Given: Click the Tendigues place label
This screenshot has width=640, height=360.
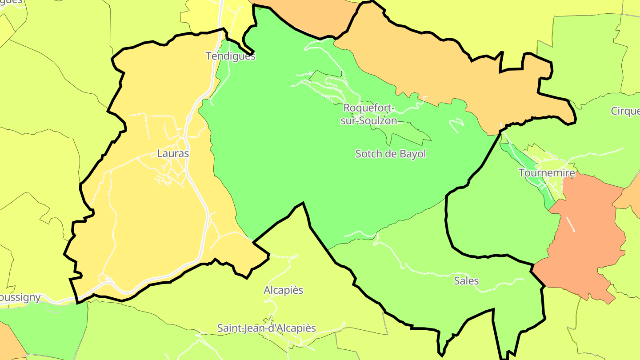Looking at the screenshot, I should coord(230,56).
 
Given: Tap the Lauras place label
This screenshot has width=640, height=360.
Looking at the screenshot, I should coord(173,154).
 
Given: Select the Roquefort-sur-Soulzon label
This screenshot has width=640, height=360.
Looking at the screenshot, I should coord(369,114).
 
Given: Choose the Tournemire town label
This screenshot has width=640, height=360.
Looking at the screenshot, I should coord(547,172).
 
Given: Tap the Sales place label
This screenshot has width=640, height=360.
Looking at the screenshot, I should coord(466,281).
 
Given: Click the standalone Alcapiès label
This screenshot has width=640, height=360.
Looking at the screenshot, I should coord(283,290).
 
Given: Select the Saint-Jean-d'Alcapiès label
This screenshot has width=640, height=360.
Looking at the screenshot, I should coord(266,328).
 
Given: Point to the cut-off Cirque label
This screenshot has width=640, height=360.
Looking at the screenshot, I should coord(625,111).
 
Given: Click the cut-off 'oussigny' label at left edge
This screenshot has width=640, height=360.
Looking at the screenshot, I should coord(20,297).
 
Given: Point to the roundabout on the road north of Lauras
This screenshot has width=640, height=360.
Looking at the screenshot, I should coord(189,118).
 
